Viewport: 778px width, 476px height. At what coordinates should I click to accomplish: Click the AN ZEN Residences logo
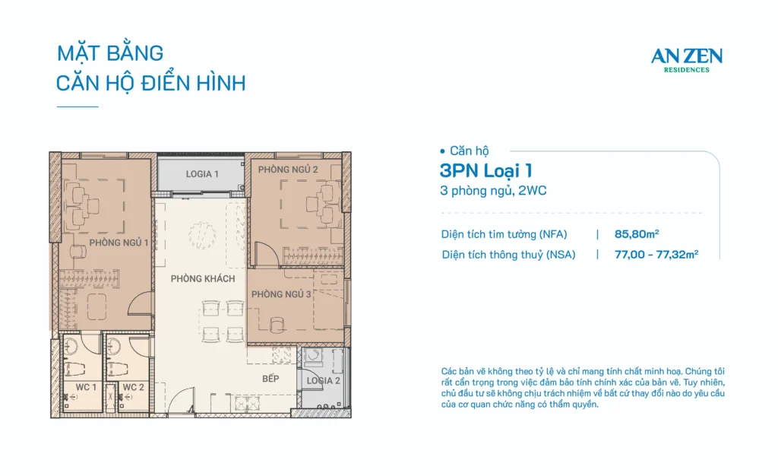(x=686, y=59)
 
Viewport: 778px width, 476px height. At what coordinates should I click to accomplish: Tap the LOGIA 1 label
(x=202, y=174)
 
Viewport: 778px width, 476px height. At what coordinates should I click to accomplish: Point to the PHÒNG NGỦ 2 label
(x=287, y=169)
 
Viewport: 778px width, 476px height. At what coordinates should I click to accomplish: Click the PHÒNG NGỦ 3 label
(x=281, y=294)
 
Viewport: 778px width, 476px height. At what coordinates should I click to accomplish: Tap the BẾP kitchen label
(x=271, y=379)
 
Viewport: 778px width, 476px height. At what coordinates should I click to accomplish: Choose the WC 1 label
(x=85, y=388)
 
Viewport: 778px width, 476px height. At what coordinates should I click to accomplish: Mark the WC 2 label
(x=133, y=388)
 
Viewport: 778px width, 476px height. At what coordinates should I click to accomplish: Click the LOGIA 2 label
(x=324, y=380)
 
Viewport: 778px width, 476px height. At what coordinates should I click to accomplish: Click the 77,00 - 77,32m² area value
(x=656, y=255)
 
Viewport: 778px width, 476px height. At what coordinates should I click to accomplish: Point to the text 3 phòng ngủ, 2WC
(x=493, y=191)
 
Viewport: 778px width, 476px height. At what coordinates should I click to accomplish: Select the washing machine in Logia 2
(x=313, y=357)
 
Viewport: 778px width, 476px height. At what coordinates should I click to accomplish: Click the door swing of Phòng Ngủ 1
(x=141, y=306)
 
